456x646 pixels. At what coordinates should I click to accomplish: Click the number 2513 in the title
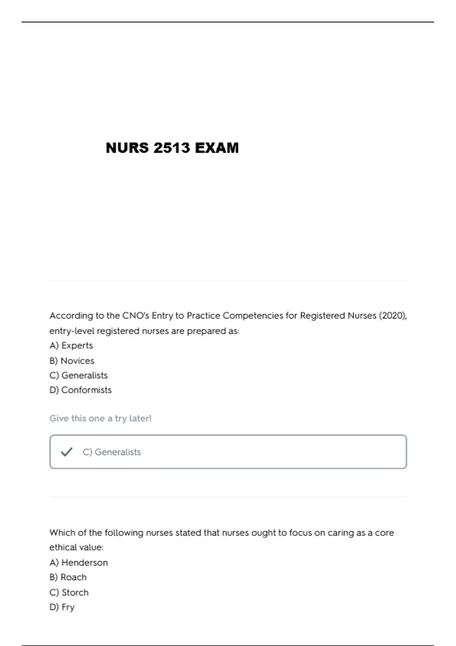point(172,148)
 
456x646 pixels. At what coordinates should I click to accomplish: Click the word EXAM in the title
point(217,148)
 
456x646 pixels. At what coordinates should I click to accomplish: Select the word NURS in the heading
point(127,148)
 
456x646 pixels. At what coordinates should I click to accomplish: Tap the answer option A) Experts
point(71,345)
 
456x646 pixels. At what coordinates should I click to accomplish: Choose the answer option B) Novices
point(72,361)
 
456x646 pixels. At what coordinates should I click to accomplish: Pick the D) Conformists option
point(81,390)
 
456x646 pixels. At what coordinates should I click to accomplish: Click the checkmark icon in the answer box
point(66,452)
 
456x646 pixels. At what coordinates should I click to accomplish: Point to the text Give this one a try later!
point(100,418)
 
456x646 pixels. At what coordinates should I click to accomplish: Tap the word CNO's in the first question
point(136,316)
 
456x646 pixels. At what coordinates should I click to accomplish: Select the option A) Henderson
point(79,562)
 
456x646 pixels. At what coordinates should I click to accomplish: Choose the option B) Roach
point(68,577)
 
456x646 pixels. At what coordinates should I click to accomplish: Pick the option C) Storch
point(69,592)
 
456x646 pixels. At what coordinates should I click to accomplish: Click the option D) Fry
point(62,607)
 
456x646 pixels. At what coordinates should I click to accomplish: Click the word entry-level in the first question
point(72,331)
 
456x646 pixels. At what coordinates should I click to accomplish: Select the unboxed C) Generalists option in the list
point(79,375)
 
